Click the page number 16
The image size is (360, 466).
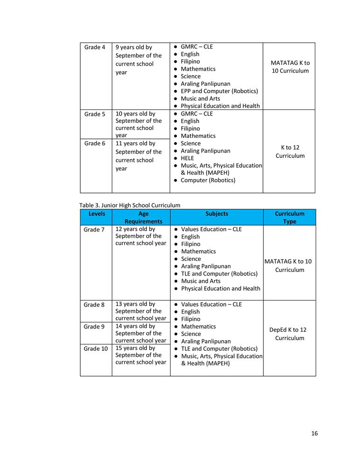point(314,433)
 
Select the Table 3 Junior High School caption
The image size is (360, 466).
point(130,205)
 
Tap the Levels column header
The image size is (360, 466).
point(97,214)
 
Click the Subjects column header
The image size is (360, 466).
point(217,214)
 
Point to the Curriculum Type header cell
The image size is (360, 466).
point(290,218)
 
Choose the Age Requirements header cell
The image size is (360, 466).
point(143,218)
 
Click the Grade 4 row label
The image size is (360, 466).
point(95,47)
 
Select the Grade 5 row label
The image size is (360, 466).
point(95,114)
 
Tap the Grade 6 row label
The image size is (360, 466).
point(95,144)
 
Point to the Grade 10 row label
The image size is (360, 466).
point(95,349)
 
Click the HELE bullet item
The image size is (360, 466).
point(187,158)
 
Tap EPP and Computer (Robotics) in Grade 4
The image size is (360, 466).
point(219,91)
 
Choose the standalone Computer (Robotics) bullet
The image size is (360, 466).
point(208,180)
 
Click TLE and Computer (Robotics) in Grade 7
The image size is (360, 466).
point(219,274)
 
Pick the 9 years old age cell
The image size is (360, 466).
point(138,60)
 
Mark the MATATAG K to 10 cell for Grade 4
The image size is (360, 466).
point(290,67)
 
